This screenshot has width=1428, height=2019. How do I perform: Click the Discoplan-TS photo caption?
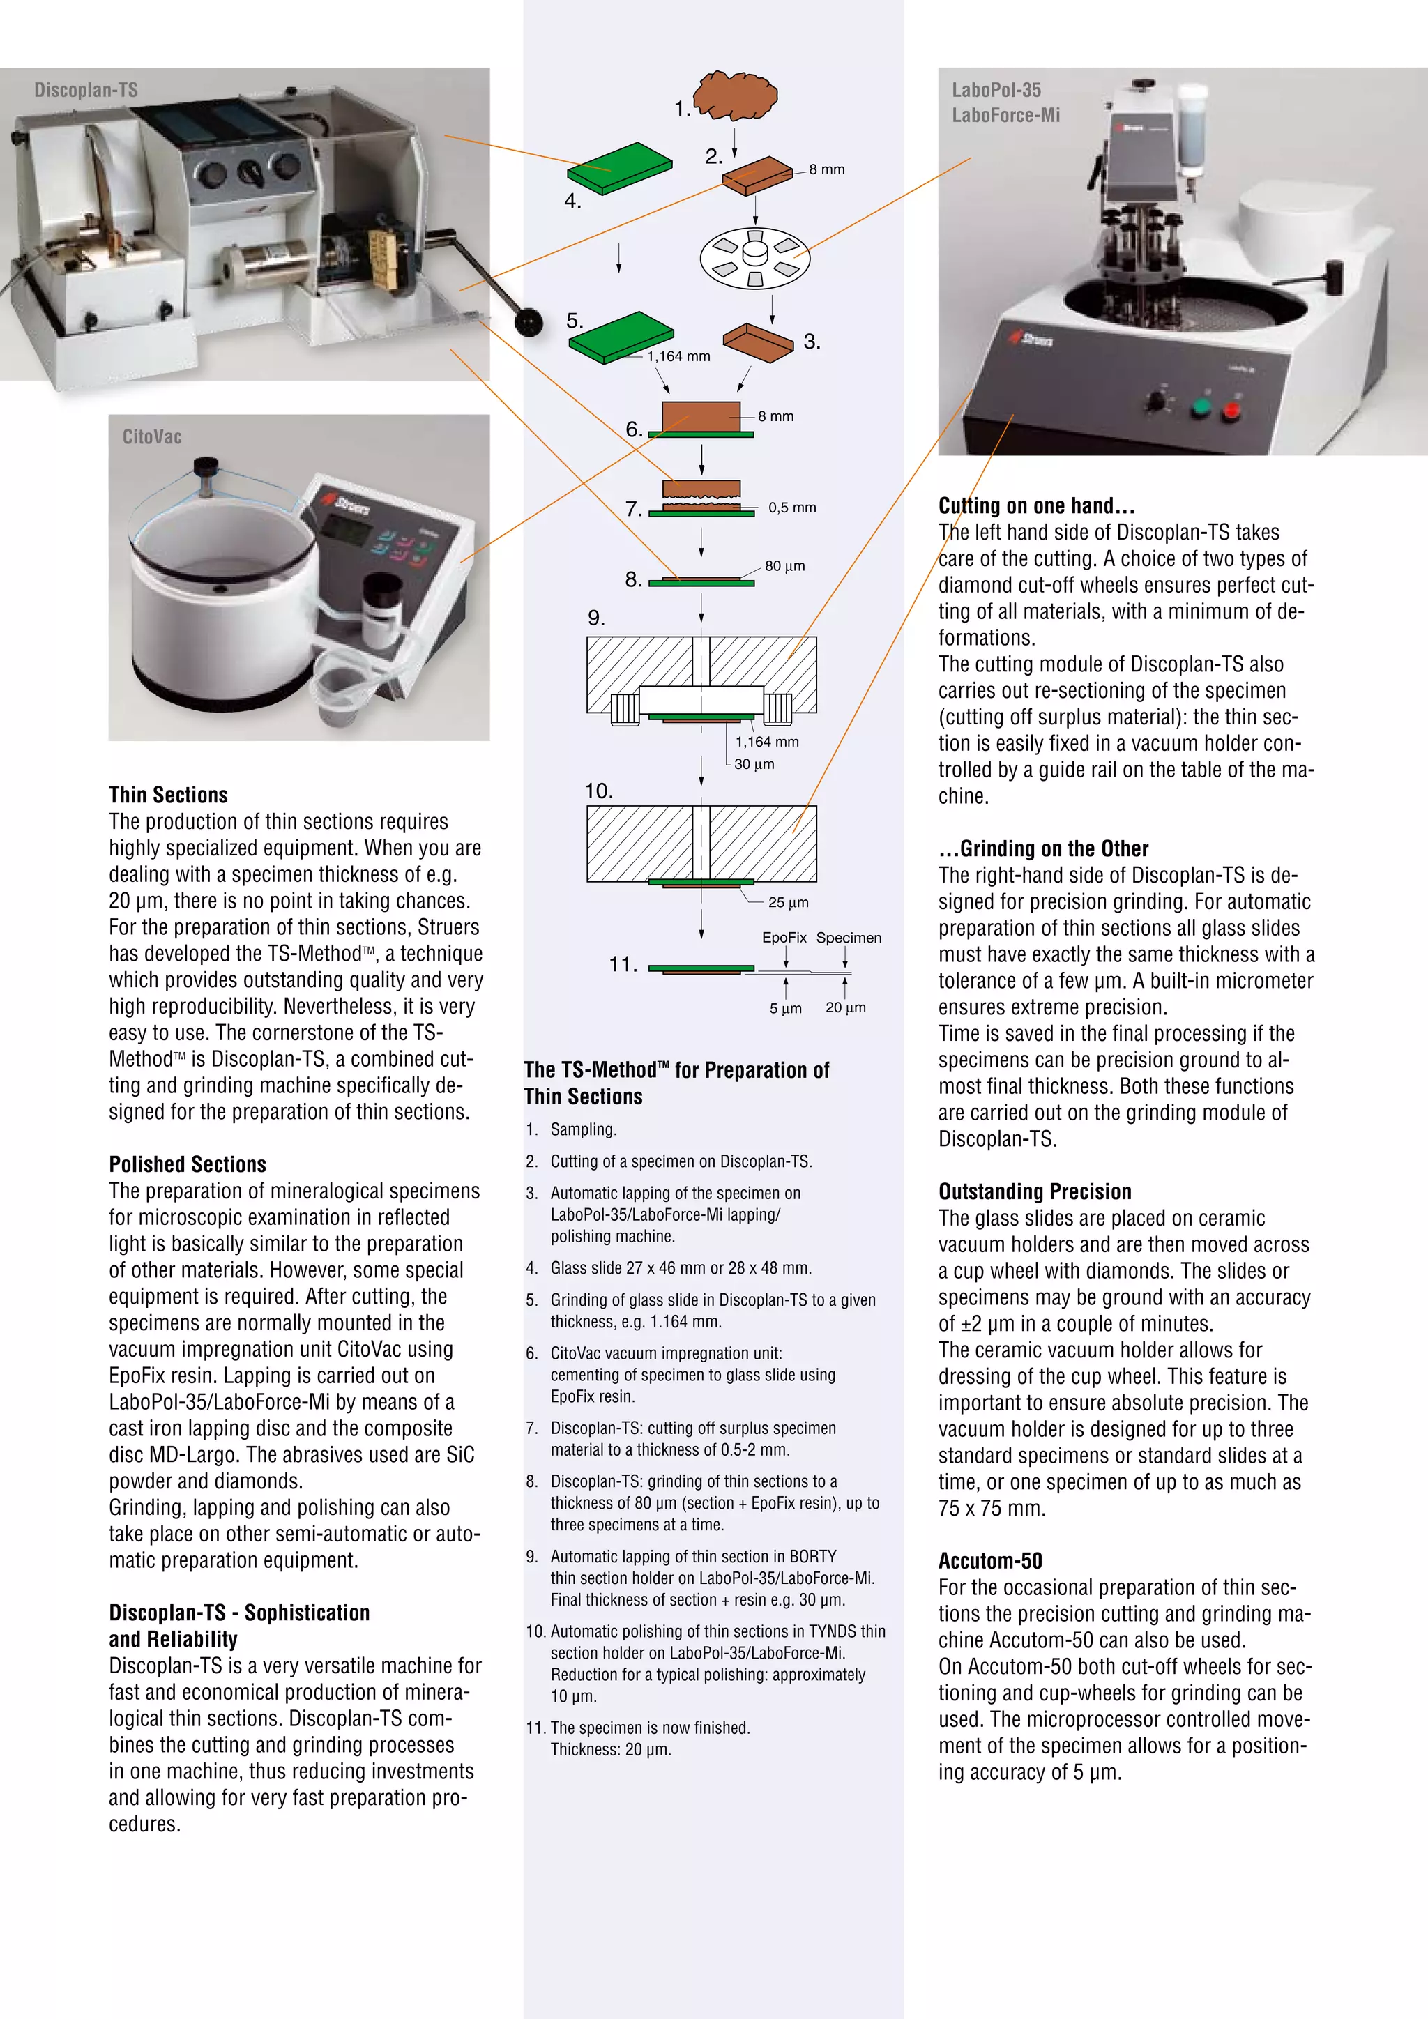point(85,91)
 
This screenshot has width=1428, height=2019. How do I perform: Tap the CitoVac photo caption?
point(151,437)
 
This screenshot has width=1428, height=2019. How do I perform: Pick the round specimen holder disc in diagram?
point(754,258)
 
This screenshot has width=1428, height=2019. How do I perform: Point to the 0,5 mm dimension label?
point(791,508)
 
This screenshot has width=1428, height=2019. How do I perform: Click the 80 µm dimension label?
point(784,566)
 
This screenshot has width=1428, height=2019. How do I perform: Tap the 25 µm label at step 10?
point(788,902)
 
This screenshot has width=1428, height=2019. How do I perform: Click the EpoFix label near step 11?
point(784,938)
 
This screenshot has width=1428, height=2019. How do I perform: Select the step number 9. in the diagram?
point(596,618)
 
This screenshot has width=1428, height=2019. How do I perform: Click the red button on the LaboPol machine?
point(1232,411)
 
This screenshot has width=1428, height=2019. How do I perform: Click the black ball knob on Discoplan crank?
point(529,323)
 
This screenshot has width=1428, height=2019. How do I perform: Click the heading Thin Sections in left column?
point(168,795)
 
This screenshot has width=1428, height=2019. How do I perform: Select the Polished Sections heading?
point(188,1164)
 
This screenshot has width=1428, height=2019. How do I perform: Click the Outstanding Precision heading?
point(1034,1191)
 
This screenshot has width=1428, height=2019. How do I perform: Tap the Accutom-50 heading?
point(989,1561)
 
